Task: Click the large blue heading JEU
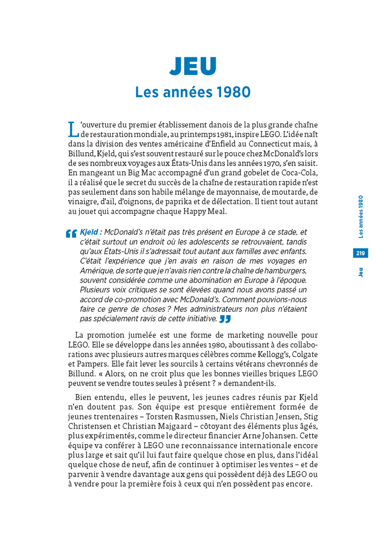click(193, 66)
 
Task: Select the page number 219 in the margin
click(361, 253)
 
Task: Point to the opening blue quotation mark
click(71, 233)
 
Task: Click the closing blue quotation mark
click(225, 319)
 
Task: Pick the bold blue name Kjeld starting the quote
click(91, 232)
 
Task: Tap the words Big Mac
click(146, 173)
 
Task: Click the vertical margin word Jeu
click(361, 272)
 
